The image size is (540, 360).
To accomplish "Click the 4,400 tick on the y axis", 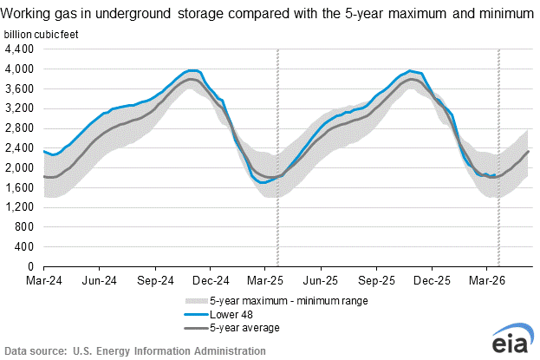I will [20, 49].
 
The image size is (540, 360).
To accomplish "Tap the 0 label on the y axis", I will [30, 266].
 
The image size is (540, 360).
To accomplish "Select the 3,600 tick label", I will [20, 88].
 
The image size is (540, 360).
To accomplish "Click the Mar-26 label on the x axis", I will [487, 281].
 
